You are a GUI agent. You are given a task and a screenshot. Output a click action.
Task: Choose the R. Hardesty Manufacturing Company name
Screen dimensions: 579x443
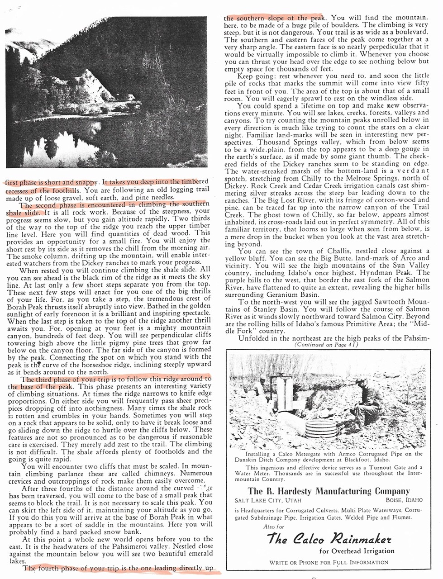[329, 491]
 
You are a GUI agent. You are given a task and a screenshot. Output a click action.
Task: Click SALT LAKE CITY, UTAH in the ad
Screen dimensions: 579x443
[265, 500]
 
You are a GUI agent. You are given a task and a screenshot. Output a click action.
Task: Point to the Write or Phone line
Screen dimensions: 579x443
[329, 562]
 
